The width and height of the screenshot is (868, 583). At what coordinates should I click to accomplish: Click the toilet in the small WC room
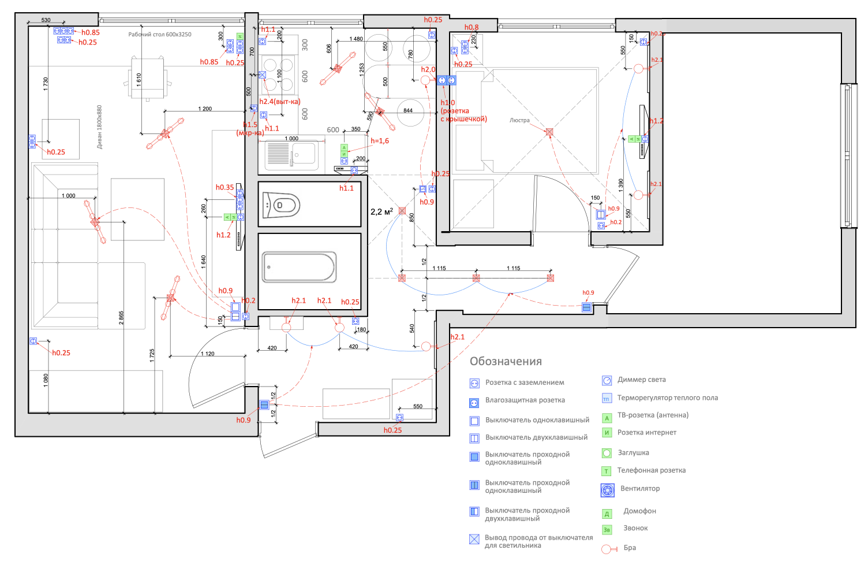tap(282, 205)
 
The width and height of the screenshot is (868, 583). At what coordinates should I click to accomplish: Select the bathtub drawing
tap(299, 267)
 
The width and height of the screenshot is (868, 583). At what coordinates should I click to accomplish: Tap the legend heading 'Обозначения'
tap(506, 361)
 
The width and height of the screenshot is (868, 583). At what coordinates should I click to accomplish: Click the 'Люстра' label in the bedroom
tap(519, 120)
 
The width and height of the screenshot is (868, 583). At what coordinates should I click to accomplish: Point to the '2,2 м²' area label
tap(381, 211)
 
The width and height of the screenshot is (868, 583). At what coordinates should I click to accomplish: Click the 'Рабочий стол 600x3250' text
tap(160, 34)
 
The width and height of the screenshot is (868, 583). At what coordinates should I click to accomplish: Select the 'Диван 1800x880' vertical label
tap(99, 127)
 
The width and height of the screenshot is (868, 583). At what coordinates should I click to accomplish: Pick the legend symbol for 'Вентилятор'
tap(608, 491)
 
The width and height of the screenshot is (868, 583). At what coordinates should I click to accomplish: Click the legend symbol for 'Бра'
tap(607, 549)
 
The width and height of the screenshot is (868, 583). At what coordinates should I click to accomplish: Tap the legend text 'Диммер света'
tap(641, 380)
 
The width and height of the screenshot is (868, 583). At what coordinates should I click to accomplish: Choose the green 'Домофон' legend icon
tap(607, 514)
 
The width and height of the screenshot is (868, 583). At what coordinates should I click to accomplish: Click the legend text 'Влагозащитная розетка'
tap(525, 400)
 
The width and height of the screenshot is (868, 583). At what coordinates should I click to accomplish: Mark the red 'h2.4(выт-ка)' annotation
tap(279, 102)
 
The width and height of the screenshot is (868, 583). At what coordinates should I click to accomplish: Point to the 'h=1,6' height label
tap(380, 140)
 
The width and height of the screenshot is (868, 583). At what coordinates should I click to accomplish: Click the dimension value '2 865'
tap(121, 318)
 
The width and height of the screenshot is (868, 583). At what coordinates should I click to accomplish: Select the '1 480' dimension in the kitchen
tap(356, 39)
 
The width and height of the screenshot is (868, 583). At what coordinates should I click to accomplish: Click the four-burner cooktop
tap(279, 73)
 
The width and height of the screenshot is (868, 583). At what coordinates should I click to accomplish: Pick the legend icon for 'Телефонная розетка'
tap(607, 471)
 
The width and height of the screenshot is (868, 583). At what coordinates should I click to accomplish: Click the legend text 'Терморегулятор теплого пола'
tap(667, 398)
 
